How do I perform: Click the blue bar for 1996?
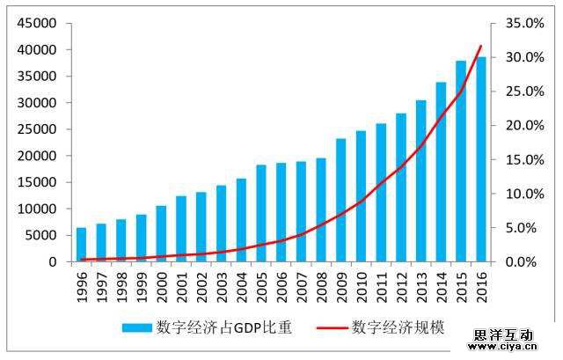click(82, 245)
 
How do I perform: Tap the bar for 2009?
click(341, 200)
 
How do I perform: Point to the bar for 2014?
click(441, 172)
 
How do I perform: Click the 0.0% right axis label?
click(526, 261)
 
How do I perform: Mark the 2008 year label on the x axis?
click(322, 284)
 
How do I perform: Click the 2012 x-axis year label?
click(401, 284)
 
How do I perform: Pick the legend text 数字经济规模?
click(398, 327)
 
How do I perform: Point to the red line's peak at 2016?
click(481, 46)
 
